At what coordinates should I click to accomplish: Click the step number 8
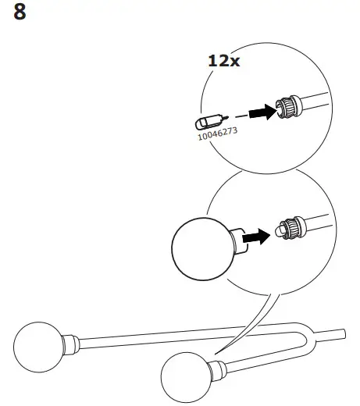point(23,13)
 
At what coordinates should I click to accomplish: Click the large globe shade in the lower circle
point(199,246)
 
